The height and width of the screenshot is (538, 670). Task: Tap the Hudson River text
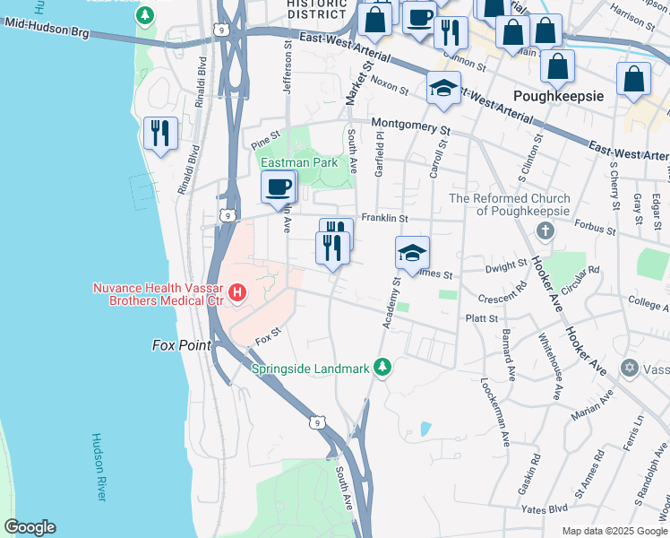tap(99, 466)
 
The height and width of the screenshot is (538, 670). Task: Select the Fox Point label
tap(181, 345)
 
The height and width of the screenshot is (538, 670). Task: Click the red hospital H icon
tap(237, 292)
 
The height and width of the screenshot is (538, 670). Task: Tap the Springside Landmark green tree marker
tap(383, 368)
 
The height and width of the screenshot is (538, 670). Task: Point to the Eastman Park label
tap(299, 162)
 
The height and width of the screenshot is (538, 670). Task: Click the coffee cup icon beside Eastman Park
tap(278, 187)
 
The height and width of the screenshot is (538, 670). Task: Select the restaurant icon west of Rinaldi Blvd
tap(160, 133)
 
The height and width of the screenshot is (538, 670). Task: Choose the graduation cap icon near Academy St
tap(412, 252)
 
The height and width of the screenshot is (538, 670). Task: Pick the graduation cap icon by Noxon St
tap(443, 88)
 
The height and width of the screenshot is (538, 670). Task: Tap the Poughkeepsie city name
tap(558, 95)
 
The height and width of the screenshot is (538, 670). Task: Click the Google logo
tap(29, 527)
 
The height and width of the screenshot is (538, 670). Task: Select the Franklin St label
tap(384, 218)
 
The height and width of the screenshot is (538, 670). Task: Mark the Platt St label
tap(481, 317)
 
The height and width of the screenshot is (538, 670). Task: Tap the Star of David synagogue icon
tap(629, 369)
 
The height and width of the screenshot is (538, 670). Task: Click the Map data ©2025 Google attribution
tap(614, 531)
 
